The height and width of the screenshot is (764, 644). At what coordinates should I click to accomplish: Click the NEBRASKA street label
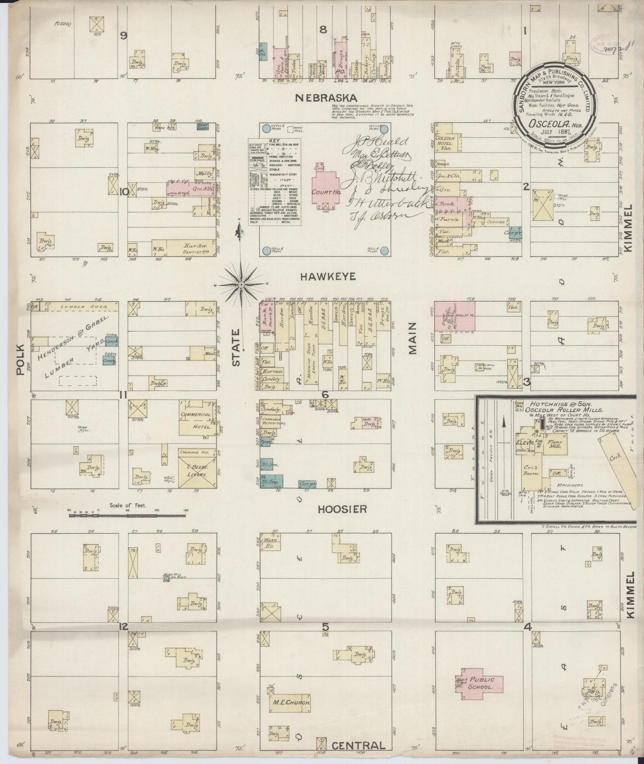(x=325, y=98)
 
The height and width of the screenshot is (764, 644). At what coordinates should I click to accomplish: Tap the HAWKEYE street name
(x=328, y=277)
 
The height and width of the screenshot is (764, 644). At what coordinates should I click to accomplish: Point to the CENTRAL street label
(x=358, y=745)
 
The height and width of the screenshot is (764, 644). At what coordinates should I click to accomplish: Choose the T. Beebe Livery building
(x=193, y=469)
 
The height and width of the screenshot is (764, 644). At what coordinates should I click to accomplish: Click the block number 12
(x=123, y=627)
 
